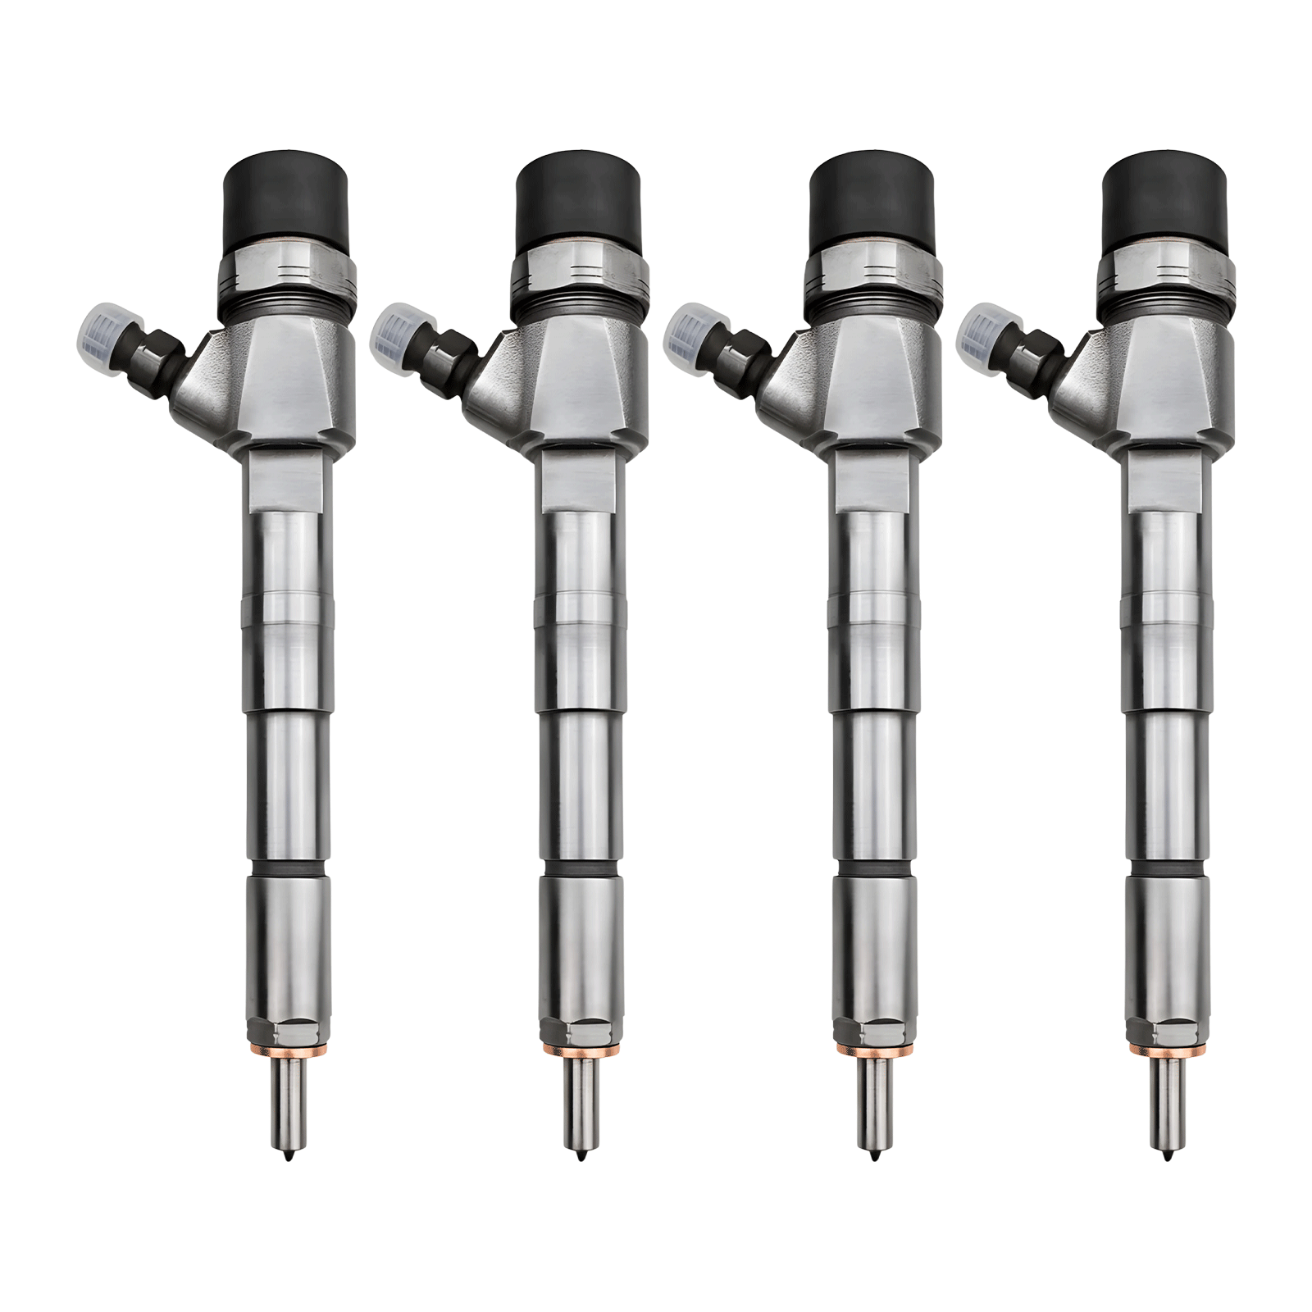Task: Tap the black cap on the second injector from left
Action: coord(579,198)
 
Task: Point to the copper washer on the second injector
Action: coord(579,1048)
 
